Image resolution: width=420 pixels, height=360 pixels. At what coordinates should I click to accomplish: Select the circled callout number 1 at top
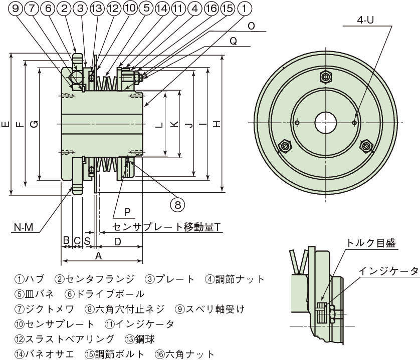click(243, 8)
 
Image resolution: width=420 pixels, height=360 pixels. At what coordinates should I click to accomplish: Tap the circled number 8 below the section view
click(177, 204)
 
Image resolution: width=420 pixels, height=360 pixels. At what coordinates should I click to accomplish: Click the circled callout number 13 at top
click(97, 8)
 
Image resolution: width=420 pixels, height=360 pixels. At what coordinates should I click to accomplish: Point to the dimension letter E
click(5, 124)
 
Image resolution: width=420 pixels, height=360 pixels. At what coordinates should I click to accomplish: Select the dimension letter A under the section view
click(98, 256)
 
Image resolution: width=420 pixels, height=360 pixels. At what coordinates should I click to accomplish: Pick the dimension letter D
click(117, 242)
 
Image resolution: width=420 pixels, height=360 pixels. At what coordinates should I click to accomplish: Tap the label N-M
click(23, 227)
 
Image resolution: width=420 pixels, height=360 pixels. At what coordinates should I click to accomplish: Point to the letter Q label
click(233, 43)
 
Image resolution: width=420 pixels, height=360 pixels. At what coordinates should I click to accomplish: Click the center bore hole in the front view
click(326, 123)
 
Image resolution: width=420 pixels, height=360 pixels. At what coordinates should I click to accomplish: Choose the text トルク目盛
click(370, 243)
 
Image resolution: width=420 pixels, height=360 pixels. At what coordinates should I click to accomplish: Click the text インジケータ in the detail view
click(388, 271)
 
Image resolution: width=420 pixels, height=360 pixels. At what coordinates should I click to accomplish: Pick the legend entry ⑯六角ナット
click(184, 353)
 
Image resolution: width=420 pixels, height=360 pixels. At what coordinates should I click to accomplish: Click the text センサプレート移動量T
click(167, 227)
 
